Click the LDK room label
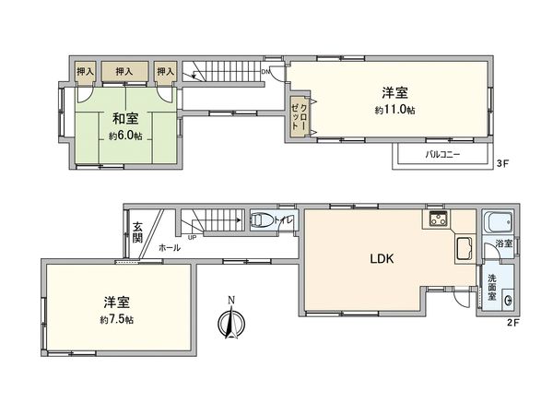[x=382, y=260]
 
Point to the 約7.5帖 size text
[x=118, y=319]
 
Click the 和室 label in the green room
[x=125, y=118]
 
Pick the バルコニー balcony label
[x=443, y=155]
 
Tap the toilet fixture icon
[x=261, y=220]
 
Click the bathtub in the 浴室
[x=497, y=224]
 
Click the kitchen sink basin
[x=463, y=250]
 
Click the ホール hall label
[x=169, y=248]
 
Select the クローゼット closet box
[x=300, y=116]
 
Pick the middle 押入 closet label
[x=124, y=71]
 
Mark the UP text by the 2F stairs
[x=191, y=237]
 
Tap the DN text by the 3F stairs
[x=266, y=71]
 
